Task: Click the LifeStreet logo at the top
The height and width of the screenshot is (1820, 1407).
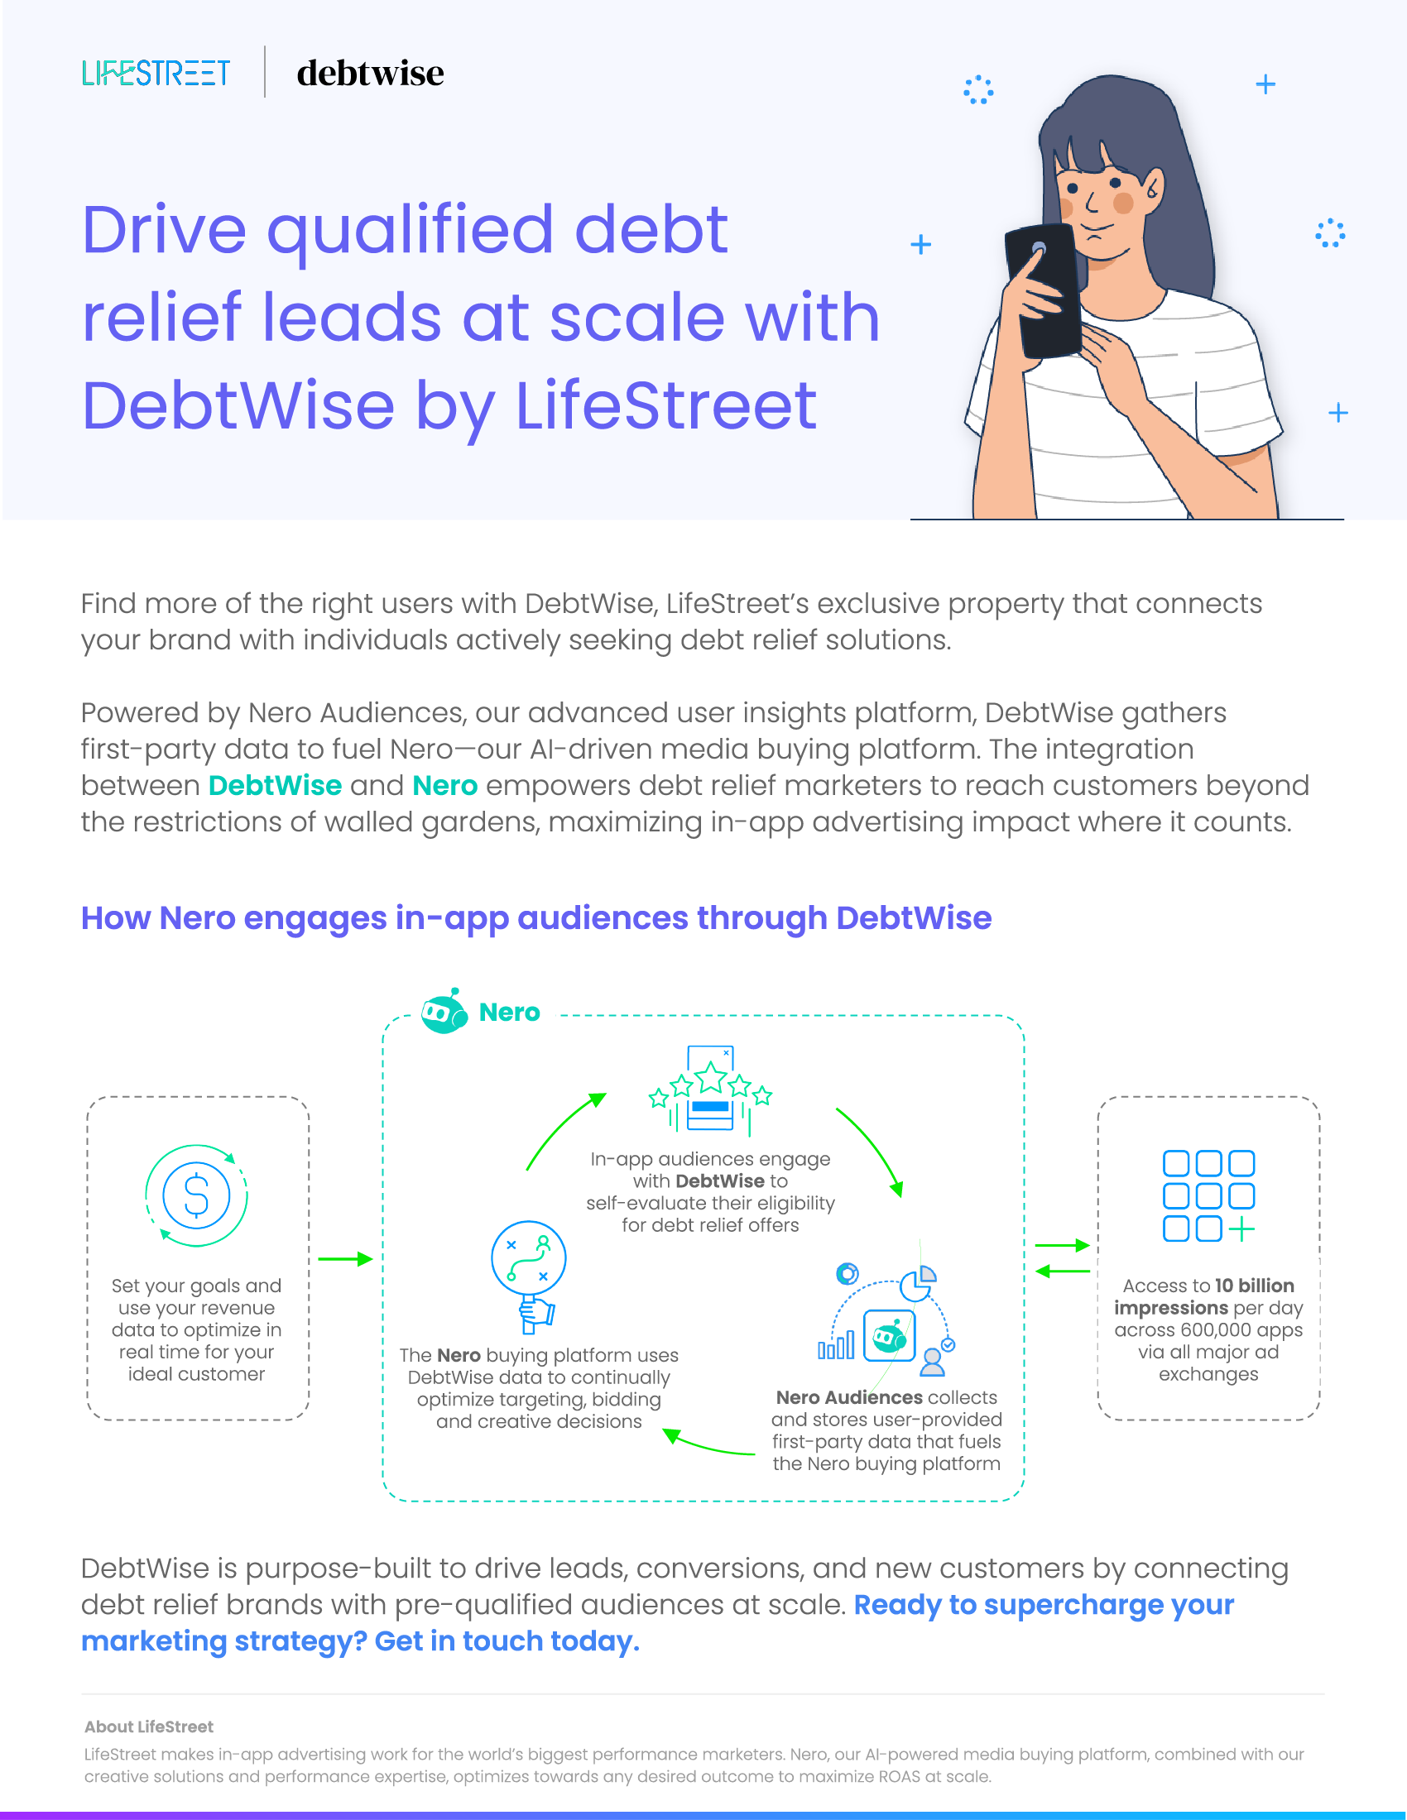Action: pos(156,73)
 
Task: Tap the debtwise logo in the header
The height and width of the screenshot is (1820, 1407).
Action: pos(370,74)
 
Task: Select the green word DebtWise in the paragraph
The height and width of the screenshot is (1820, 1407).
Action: pos(274,785)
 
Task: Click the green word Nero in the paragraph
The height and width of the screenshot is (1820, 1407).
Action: pos(444,785)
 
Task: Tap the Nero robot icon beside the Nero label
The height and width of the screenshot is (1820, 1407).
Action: pos(444,1012)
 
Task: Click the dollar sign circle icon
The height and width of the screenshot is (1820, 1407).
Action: pos(197,1195)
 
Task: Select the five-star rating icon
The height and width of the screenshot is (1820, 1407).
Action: pos(710,1089)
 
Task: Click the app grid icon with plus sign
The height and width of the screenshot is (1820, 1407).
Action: pos(1208,1196)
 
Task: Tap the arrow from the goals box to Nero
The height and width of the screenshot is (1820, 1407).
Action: pos(345,1258)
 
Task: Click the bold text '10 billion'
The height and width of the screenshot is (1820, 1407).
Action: pos(1254,1285)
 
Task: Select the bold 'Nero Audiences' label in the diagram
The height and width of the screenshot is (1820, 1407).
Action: pos(848,1396)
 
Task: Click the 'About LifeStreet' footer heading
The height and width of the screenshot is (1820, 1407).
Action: pos(148,1726)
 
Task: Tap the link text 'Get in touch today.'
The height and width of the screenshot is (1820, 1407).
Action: pos(507,1640)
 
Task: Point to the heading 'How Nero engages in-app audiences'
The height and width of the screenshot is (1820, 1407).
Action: pos(535,917)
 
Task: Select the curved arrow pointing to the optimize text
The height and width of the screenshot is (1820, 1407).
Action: pos(708,1444)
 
